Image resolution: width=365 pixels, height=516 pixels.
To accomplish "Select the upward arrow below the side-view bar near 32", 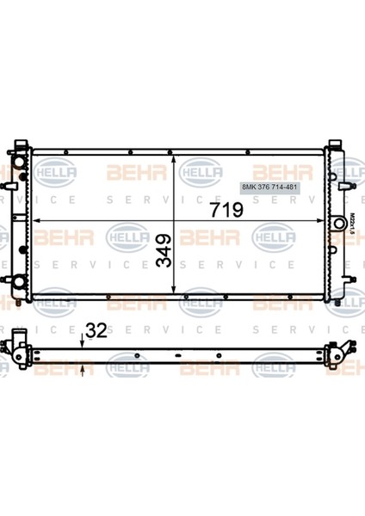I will click(83, 367).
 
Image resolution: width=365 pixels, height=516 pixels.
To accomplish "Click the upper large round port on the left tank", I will click(18, 173).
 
